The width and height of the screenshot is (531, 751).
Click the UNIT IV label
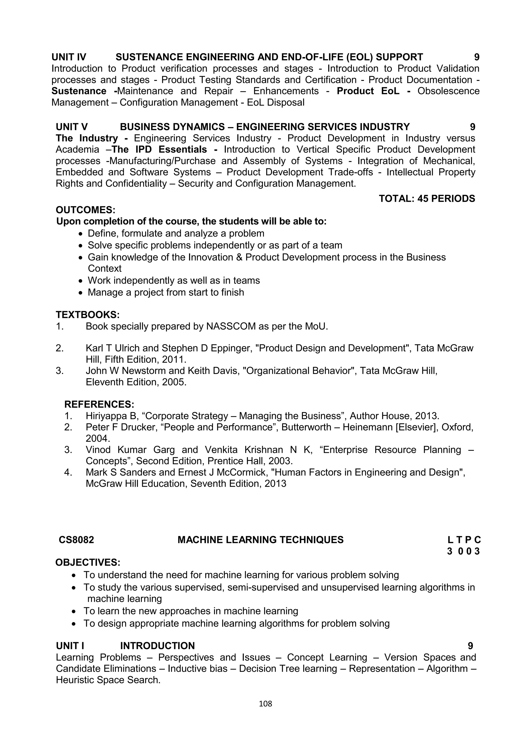[69, 57]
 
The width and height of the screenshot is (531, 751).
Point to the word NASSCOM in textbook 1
[231, 326]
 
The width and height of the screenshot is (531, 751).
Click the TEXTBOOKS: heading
[88, 315]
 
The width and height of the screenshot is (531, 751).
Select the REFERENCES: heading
[99, 404]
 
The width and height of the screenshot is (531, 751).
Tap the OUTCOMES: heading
[85, 210]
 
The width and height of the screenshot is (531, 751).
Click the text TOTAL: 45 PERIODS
[427, 199]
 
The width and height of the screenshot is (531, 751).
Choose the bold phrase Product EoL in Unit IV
[368, 91]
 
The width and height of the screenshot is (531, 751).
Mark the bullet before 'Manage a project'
[81, 293]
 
